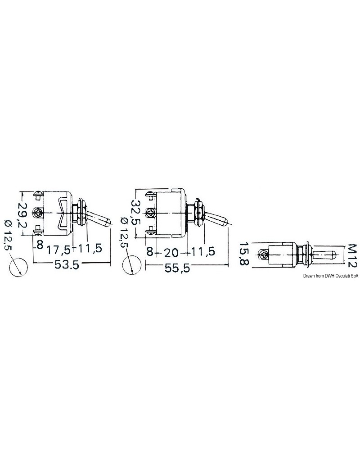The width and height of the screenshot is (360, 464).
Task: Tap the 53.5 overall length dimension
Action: pos(67,265)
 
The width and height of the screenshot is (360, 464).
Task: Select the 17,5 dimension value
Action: pos(59,250)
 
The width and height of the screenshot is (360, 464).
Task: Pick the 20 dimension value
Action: pos(171,252)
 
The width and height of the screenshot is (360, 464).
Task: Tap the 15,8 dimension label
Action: pos(243,254)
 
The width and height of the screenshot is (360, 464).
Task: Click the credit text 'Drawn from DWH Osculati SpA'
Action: pos(330,276)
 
